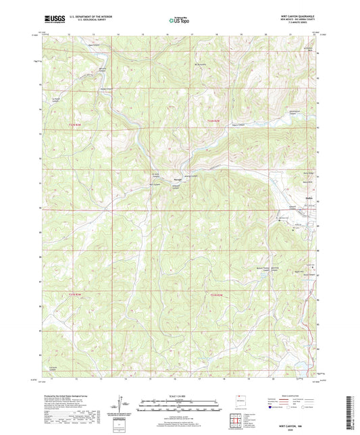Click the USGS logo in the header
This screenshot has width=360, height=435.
pyautogui.click(x=51, y=20)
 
